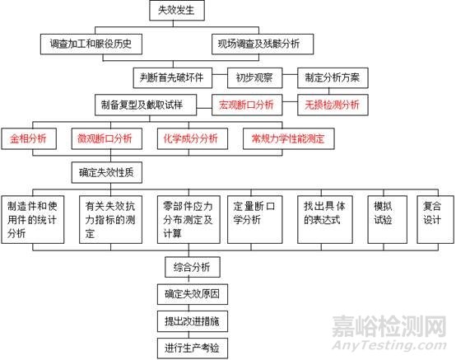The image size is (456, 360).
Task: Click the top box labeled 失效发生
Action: [177, 11]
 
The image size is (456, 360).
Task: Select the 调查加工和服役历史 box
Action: [91, 44]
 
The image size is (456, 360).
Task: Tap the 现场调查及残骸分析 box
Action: [263, 44]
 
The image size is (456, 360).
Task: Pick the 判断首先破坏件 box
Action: [173, 77]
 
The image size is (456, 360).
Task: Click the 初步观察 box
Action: [255, 77]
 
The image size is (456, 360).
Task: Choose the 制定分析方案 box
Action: [333, 77]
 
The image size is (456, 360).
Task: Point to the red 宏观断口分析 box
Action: [247, 105]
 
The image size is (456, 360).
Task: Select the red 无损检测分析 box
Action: [333, 105]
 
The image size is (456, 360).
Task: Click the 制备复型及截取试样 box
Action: [146, 105]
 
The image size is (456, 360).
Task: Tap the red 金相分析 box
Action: [29, 139]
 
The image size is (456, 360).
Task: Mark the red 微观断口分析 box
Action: [107, 139]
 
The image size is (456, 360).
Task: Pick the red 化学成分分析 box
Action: [193, 139]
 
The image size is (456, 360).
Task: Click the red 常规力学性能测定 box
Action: [288, 139]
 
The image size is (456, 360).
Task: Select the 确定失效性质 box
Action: [107, 172]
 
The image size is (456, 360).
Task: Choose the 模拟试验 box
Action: [388, 219]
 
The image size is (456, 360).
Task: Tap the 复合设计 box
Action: [435, 219]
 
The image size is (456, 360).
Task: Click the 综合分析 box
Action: [193, 267]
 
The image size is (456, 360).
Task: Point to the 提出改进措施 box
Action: [193, 321]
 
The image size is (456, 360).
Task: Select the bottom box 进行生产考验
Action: [193, 348]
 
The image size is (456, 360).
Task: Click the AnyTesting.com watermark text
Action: [389, 345]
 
